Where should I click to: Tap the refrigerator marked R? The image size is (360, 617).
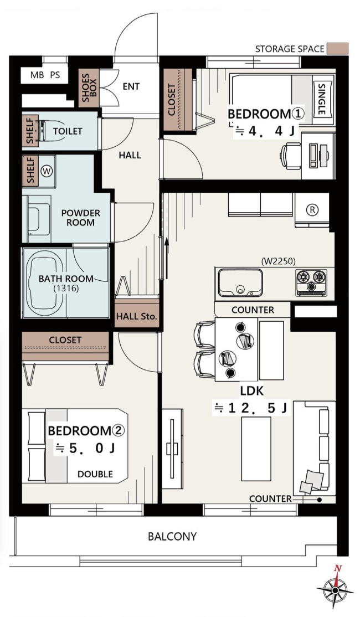point(312,210)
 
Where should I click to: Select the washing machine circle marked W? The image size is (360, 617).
point(47,171)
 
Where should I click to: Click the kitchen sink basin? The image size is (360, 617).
point(240,282)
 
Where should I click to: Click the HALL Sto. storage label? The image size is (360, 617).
point(137,316)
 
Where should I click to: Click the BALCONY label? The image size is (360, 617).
point(172,536)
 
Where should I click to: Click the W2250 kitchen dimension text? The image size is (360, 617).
point(278,260)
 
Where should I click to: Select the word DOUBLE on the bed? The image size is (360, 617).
point(95,474)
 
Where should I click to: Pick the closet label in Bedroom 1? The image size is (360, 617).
point(172,100)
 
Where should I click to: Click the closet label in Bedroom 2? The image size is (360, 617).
point(65,340)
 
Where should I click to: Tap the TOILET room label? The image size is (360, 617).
point(68,131)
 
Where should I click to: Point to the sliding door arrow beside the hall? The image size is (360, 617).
point(167,258)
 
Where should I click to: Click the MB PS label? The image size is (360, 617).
point(45,75)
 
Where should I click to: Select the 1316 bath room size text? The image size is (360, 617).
point(66,289)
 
